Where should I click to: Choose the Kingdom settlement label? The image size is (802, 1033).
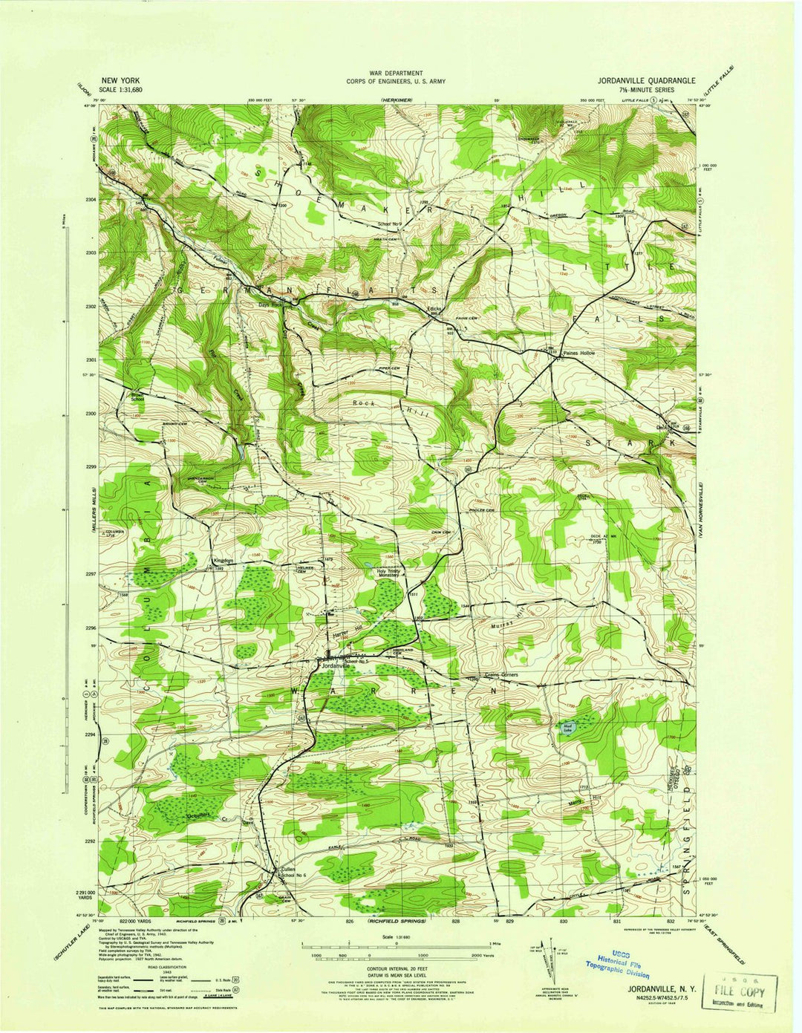pos(224,561)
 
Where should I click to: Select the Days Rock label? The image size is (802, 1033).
pos(270,304)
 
